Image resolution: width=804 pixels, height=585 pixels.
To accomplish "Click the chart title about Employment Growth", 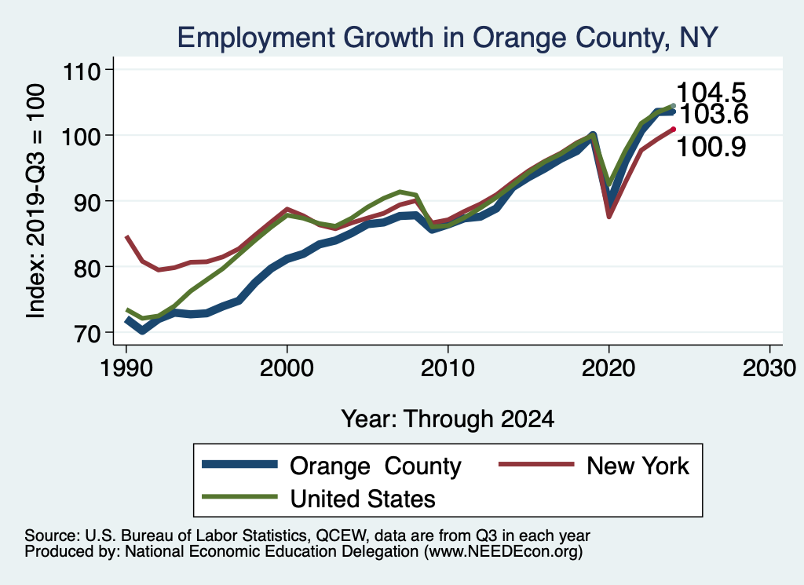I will [447, 37].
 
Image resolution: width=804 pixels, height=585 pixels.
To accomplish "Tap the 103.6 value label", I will [713, 115].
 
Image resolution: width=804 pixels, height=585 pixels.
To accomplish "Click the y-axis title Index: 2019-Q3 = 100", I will [35, 202].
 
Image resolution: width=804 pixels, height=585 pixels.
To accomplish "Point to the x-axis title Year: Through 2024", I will [448, 419].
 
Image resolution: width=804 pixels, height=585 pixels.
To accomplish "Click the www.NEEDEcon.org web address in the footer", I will [502, 552].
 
